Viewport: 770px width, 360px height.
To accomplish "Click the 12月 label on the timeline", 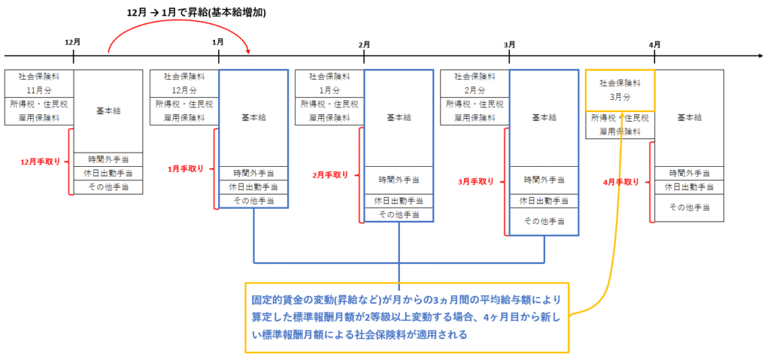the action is pyautogui.click(x=73, y=43).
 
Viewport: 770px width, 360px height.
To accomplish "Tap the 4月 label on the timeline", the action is pyautogui.click(x=654, y=44).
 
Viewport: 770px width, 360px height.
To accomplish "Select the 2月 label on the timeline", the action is pyautogui.click(x=363, y=44).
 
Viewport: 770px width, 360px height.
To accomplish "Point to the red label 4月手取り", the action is pyautogui.click(x=620, y=182).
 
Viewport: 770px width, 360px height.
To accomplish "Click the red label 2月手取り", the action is pyautogui.click(x=330, y=174).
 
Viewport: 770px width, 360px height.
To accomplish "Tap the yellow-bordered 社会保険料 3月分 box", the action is pyautogui.click(x=620, y=90).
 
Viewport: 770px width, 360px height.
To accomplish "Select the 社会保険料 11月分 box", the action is pyautogui.click(x=39, y=83).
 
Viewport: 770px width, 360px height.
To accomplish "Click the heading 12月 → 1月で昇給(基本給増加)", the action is pyautogui.click(x=196, y=14).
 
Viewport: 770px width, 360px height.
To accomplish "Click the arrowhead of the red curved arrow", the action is pyautogui.click(x=249, y=50).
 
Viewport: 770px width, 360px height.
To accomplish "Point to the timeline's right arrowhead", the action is pyautogui.click(x=759, y=55).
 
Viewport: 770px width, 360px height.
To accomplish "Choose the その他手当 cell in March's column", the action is pyautogui.click(x=544, y=221).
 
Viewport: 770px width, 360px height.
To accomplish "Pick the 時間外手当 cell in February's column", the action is pyautogui.click(x=399, y=180).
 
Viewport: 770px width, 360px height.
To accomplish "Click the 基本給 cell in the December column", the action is pyautogui.click(x=108, y=111).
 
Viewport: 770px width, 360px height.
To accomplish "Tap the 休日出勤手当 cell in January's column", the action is pyautogui.click(x=253, y=186).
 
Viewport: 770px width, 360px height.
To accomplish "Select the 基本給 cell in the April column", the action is pyautogui.click(x=689, y=118).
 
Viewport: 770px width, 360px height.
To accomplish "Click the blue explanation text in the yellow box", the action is pyautogui.click(x=406, y=317).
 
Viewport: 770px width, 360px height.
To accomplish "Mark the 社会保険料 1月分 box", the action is pyautogui.click(x=329, y=83).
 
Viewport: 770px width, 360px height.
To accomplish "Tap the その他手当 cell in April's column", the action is pyautogui.click(x=689, y=207).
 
